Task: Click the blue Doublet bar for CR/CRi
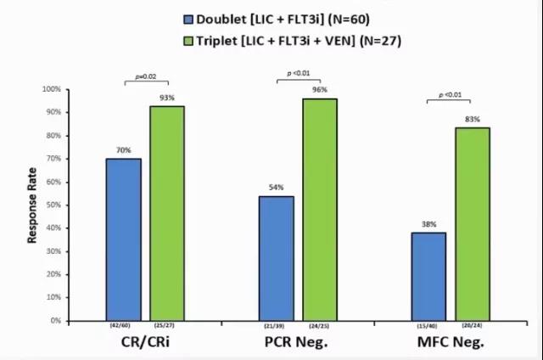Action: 124,239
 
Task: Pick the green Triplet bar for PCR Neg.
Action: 320,210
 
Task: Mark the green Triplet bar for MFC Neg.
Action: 472,224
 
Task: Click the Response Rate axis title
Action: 32,205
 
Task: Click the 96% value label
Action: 320,90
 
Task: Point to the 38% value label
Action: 428,225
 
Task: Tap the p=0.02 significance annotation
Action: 146,76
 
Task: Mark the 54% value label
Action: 276,188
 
